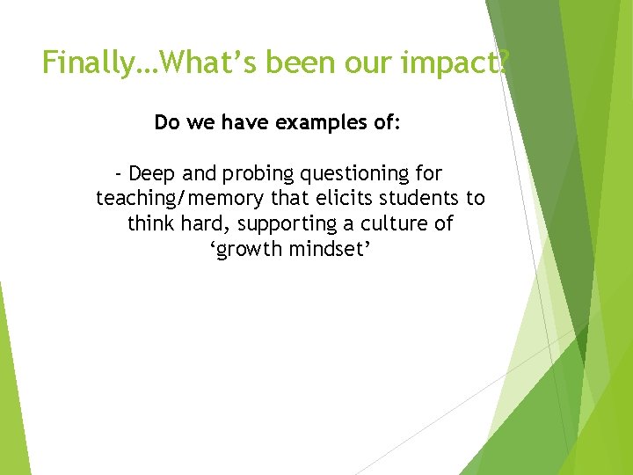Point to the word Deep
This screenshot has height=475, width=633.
tap(151, 173)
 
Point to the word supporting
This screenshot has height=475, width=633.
tap(290, 224)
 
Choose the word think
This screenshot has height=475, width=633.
tap(151, 223)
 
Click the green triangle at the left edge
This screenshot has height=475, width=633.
tap(12, 396)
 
